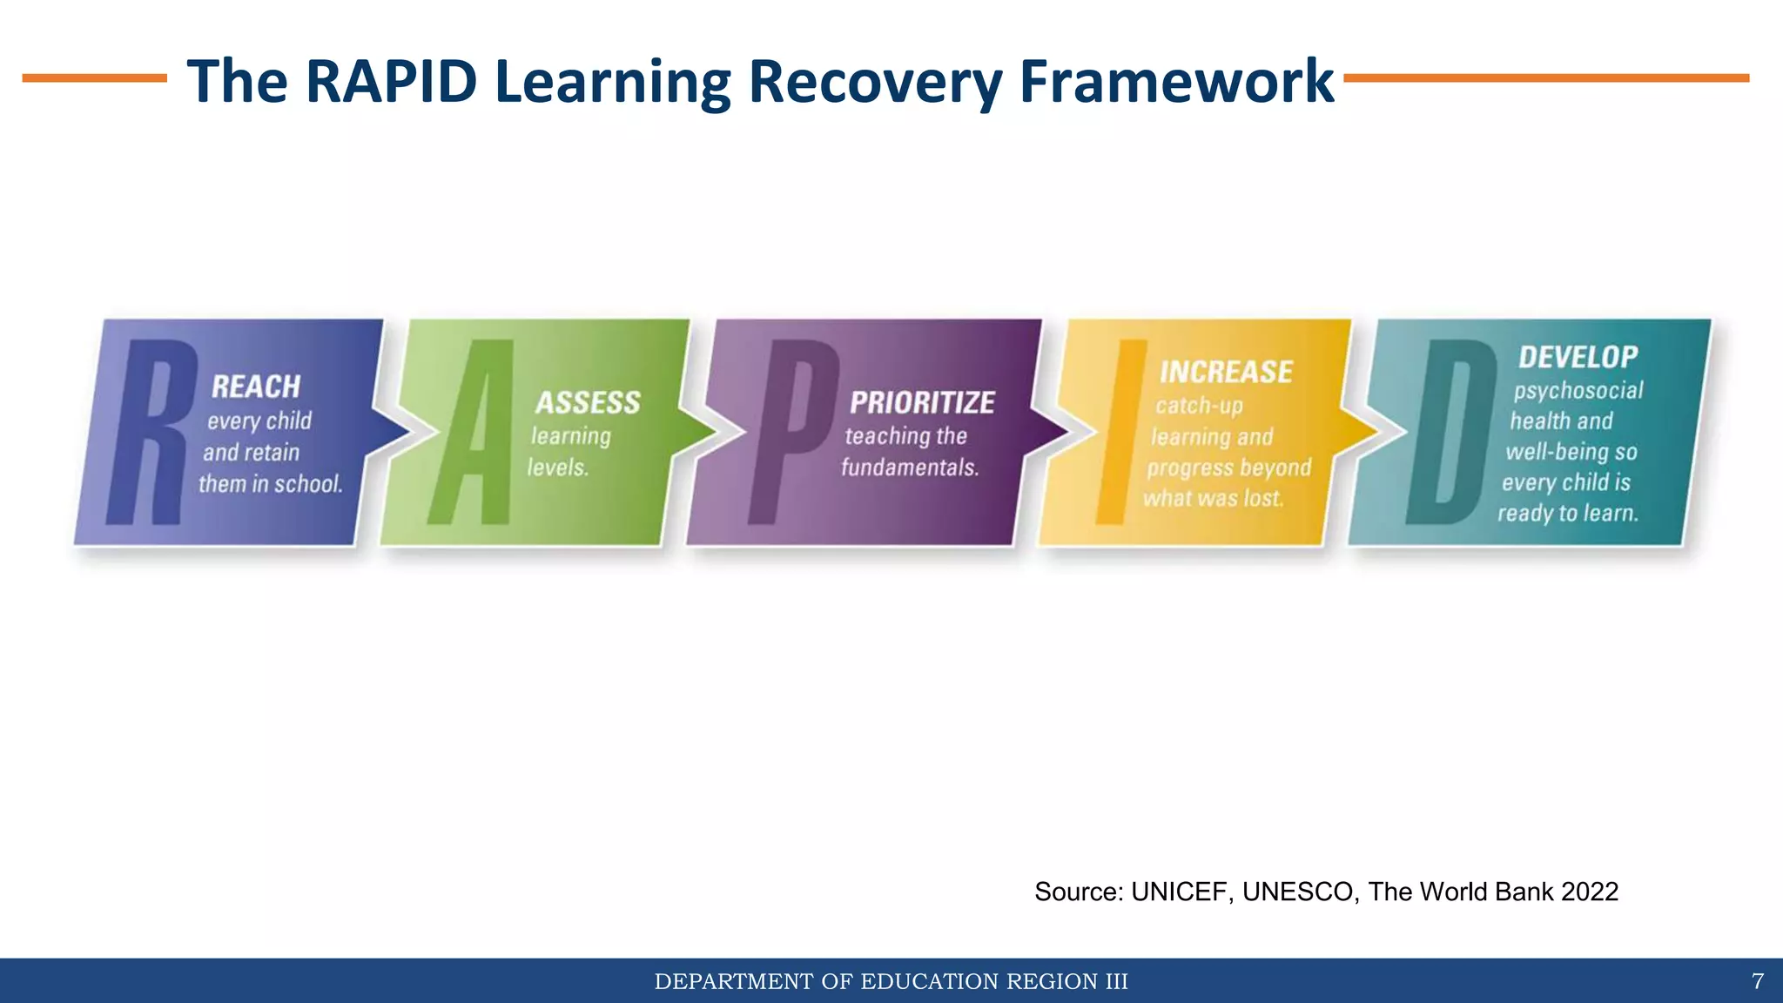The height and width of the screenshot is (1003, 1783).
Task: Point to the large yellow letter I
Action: pos(1120,433)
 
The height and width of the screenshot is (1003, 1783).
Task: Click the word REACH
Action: pos(256,387)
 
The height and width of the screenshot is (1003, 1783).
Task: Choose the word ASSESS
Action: pos(588,403)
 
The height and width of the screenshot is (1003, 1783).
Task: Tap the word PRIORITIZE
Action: pos(922,403)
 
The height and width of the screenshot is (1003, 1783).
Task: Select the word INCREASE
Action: pos(1226,373)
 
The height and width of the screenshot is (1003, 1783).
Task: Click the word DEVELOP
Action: pos(1578,357)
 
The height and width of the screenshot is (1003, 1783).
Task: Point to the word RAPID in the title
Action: pos(392,81)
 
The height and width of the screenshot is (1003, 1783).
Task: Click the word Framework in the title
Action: pos(1175,81)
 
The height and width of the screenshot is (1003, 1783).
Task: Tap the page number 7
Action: pos(1757,982)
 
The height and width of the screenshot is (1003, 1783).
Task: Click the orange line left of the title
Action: pos(94,78)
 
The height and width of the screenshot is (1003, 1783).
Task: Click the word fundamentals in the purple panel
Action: pos(910,468)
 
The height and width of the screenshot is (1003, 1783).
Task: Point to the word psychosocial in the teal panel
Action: pos(1578,390)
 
